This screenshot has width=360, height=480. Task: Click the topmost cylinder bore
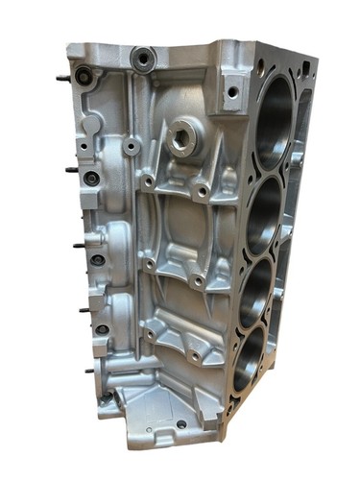coord(276,119)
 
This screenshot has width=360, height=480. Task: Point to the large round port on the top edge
coord(144,60)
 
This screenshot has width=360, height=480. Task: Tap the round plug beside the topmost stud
coord(85,76)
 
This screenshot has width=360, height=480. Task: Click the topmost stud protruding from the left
coord(63,78)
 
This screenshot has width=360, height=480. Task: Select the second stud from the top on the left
coord(72,170)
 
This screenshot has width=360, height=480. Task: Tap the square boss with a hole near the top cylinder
coord(231,92)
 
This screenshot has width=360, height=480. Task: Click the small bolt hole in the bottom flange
coord(181,423)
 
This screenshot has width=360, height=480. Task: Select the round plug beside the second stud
coord(91,178)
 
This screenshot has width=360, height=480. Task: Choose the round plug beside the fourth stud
coord(102,329)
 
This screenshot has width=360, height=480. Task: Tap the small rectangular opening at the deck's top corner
coord(305,67)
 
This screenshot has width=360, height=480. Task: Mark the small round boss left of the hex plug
coord(131,146)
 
